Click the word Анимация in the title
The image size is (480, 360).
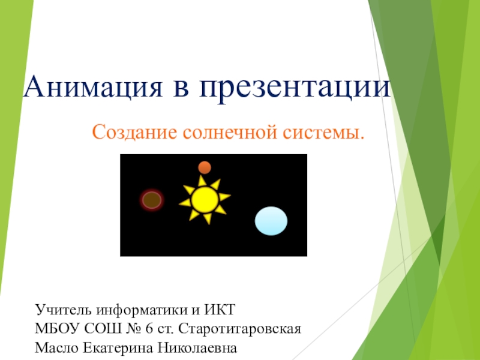(x=93, y=86)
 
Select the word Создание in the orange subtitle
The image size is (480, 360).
(x=134, y=133)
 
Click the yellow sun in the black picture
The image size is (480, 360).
(x=205, y=200)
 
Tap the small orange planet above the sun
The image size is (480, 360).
(x=205, y=168)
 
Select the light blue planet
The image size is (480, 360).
(x=271, y=221)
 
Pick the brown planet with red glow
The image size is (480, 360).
(x=152, y=200)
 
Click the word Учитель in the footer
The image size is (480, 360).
(x=64, y=310)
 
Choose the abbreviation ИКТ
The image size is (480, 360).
(x=220, y=310)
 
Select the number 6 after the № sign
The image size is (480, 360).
(x=149, y=329)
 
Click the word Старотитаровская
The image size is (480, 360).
(x=239, y=329)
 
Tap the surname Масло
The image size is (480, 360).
(x=56, y=348)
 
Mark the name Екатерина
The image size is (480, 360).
(x=118, y=349)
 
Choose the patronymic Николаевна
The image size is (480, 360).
(x=197, y=348)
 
